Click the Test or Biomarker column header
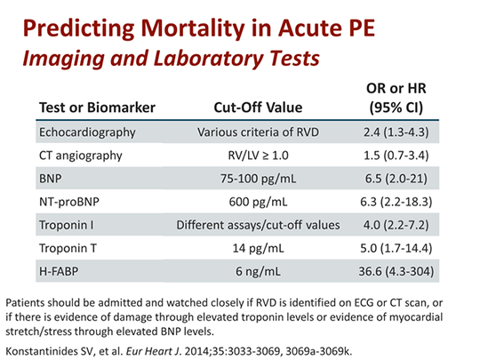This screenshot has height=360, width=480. click(x=97, y=108)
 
